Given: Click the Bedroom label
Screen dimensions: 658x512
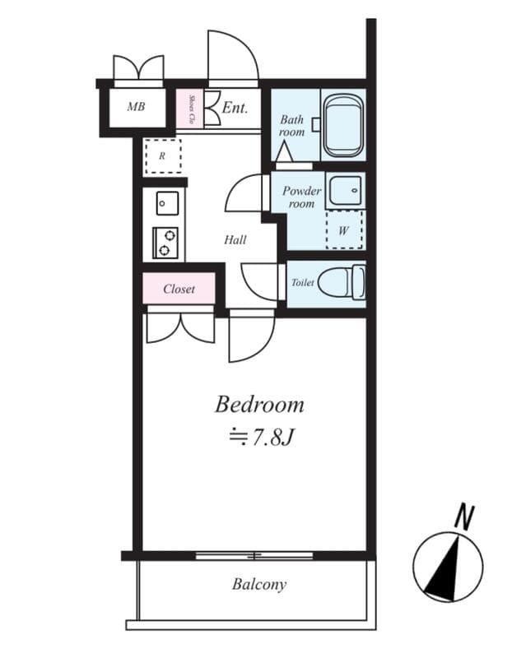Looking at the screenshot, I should (259, 405).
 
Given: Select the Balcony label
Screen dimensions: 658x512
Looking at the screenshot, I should (258, 585).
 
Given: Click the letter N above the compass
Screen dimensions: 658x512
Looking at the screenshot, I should (465, 517).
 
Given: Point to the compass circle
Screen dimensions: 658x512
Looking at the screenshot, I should (447, 565).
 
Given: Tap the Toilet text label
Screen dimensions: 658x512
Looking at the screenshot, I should (302, 283).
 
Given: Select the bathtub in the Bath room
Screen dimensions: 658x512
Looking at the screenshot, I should (343, 127).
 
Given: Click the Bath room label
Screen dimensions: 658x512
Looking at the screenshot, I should (291, 126).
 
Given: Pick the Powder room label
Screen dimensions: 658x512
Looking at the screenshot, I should (301, 197).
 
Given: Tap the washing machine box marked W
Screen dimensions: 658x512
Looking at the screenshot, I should (343, 230).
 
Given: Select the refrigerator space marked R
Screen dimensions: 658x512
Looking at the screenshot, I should (163, 155).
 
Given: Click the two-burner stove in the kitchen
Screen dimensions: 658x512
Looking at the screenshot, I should (165, 242).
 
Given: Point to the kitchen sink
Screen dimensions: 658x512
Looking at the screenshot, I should (165, 202).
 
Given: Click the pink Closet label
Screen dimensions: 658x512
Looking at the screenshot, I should (179, 290).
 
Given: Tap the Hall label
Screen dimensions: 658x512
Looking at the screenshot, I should (235, 240).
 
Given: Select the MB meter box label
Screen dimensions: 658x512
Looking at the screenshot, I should (136, 107).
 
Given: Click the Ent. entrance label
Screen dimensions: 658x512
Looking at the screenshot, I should (235, 107).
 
